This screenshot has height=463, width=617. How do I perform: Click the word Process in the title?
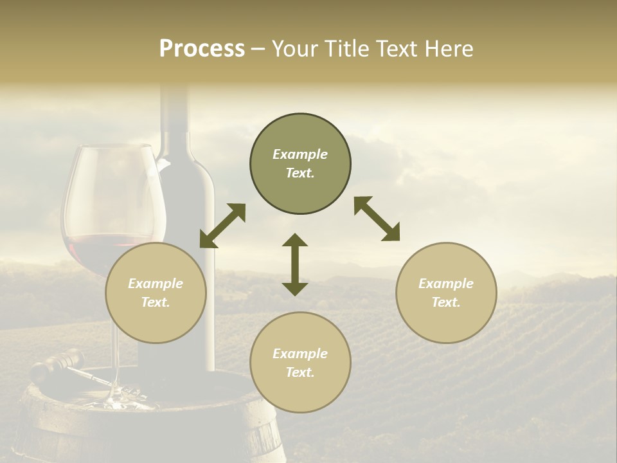[x=202, y=49]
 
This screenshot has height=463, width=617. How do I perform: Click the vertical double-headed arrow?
[x=295, y=264]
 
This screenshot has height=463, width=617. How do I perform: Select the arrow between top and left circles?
[x=222, y=226]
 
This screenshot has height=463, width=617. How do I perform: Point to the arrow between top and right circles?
[x=377, y=219]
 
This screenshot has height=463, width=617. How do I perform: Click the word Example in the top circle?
[x=300, y=154]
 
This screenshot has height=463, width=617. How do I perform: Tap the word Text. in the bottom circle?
[x=300, y=372]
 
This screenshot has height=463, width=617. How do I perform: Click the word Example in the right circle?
[x=446, y=284]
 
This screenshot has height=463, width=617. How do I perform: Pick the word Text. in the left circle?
[x=156, y=302]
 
